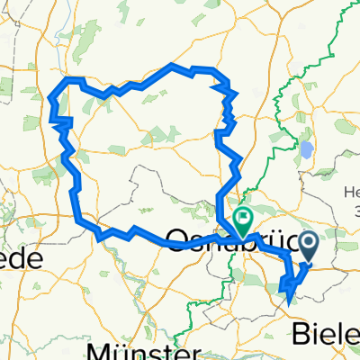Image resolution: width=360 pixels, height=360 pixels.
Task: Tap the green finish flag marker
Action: pos(243,220)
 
